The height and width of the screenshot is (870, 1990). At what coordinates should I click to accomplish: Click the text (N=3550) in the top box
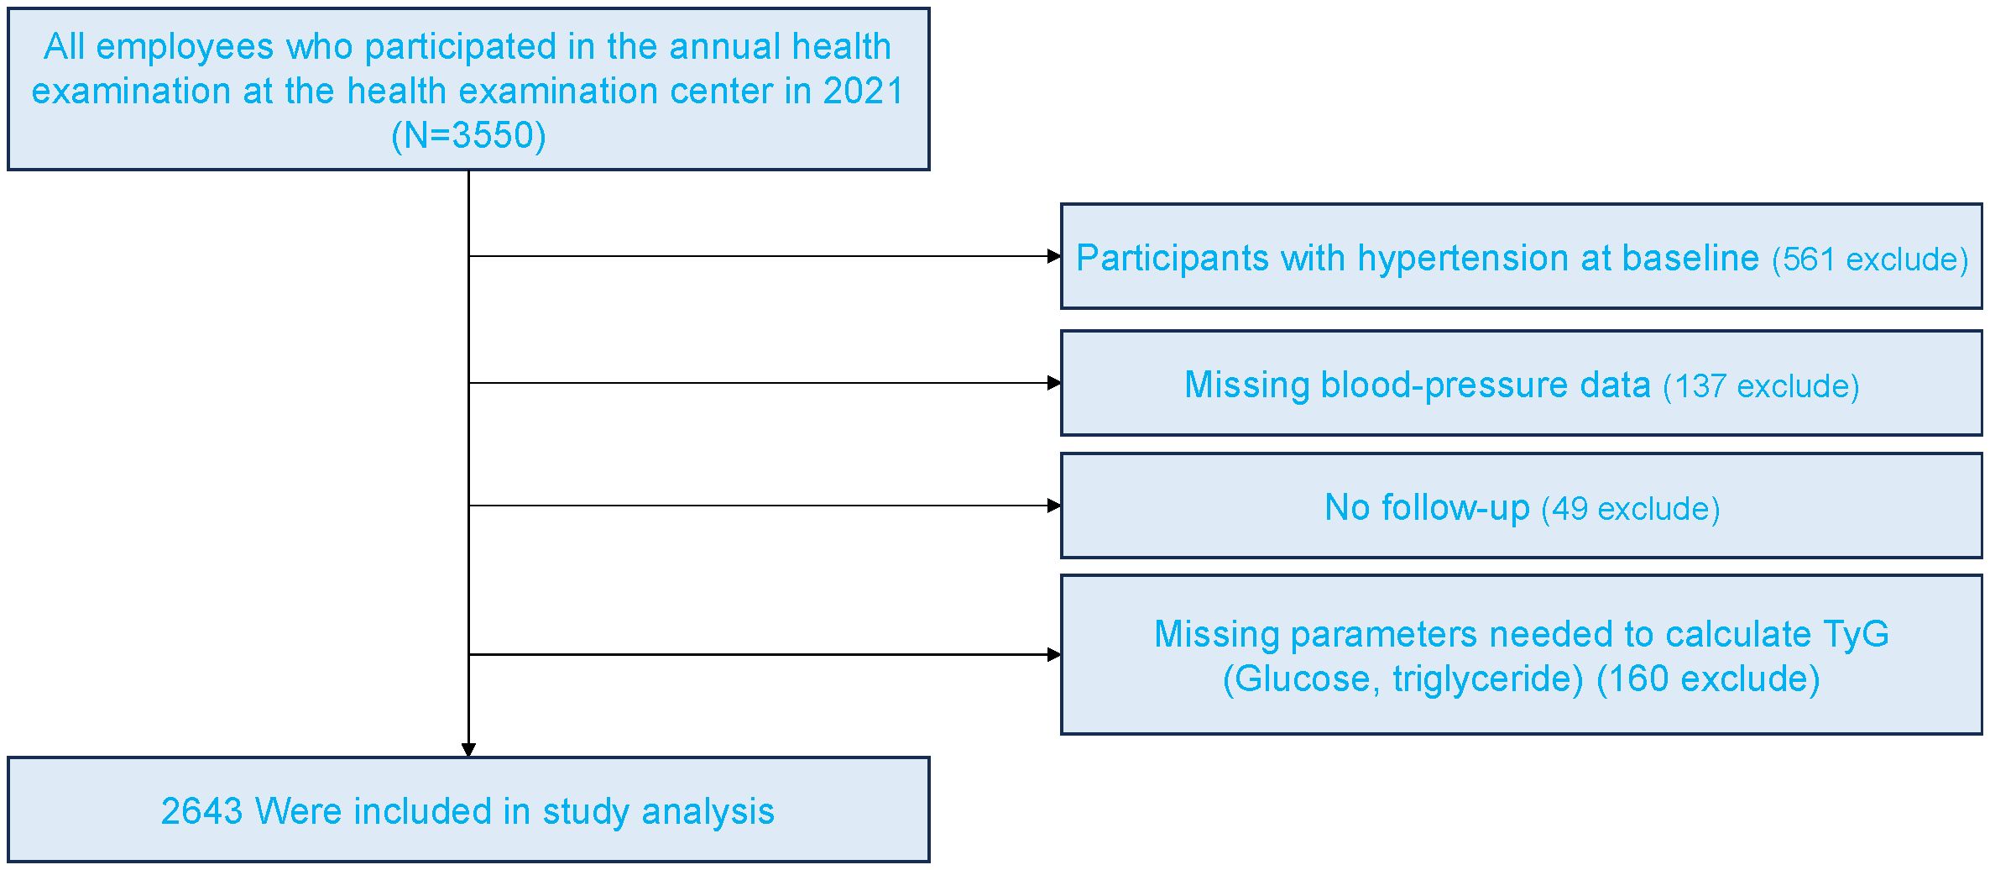(468, 135)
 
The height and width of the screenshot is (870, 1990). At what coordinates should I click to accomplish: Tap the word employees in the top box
(185, 48)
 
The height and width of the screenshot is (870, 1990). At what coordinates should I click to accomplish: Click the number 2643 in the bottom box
(201, 811)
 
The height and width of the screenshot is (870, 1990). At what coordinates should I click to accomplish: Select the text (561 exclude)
(1870, 259)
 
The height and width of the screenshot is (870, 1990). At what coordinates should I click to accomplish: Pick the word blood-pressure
(1444, 385)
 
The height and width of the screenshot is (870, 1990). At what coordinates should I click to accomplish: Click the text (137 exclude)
(1761, 386)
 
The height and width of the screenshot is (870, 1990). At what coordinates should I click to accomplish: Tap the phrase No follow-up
(1427, 507)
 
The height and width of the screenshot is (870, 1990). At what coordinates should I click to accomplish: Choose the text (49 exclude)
(1631, 509)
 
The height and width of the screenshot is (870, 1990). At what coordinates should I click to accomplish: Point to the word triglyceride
(1488, 679)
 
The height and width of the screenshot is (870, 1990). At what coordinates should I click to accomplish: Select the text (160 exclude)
(1708, 679)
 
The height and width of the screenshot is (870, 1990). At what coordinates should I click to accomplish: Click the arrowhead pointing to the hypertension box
(1054, 256)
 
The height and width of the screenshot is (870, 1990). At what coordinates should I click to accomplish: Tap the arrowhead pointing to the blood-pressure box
(1054, 383)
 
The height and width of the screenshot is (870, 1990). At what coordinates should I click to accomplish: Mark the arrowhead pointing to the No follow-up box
(1054, 506)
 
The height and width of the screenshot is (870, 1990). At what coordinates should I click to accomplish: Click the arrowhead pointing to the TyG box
(1054, 654)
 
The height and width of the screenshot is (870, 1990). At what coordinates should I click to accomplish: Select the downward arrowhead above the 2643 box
(468, 750)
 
